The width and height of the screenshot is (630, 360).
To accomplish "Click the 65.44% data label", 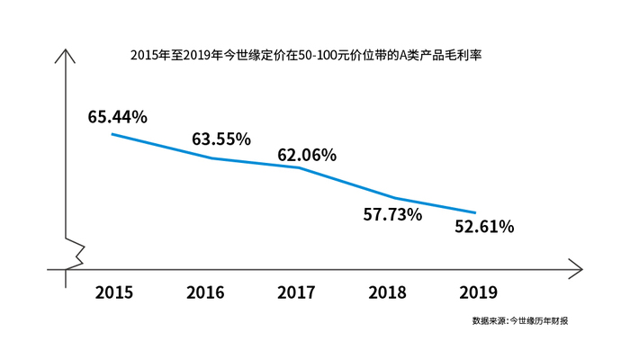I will tap(118, 116).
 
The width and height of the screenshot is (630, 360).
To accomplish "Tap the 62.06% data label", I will tap(307, 155).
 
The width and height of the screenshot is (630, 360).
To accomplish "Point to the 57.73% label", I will tap(392, 214).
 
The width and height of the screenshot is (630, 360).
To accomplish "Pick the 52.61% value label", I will tap(484, 227).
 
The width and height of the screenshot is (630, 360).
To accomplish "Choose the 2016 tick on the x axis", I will tap(205, 292).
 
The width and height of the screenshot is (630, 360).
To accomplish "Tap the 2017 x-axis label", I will tap(297, 292).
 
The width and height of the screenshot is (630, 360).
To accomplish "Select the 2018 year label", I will tap(388, 292).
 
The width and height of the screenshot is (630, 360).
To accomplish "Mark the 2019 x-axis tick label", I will tap(478, 292).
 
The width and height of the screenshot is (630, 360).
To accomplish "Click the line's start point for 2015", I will tap(112, 134).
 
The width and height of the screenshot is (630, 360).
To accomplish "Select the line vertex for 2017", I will tap(298, 167).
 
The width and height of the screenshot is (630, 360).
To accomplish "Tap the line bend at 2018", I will tap(393, 198).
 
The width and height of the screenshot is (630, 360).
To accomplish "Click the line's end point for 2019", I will tap(476, 212).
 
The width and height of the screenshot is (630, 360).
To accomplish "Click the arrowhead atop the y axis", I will tap(65, 53).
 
